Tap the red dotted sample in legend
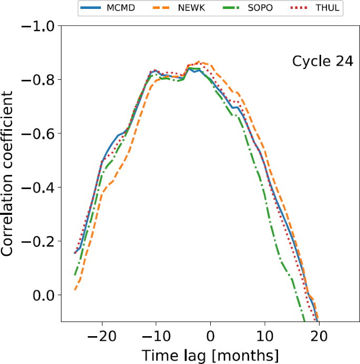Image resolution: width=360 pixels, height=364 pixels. click(299, 8)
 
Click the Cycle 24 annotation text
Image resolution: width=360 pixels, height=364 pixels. click(318, 62)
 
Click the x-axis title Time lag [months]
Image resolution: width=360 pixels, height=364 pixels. click(210, 355)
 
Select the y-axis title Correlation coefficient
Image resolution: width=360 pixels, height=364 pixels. click(8, 173)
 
